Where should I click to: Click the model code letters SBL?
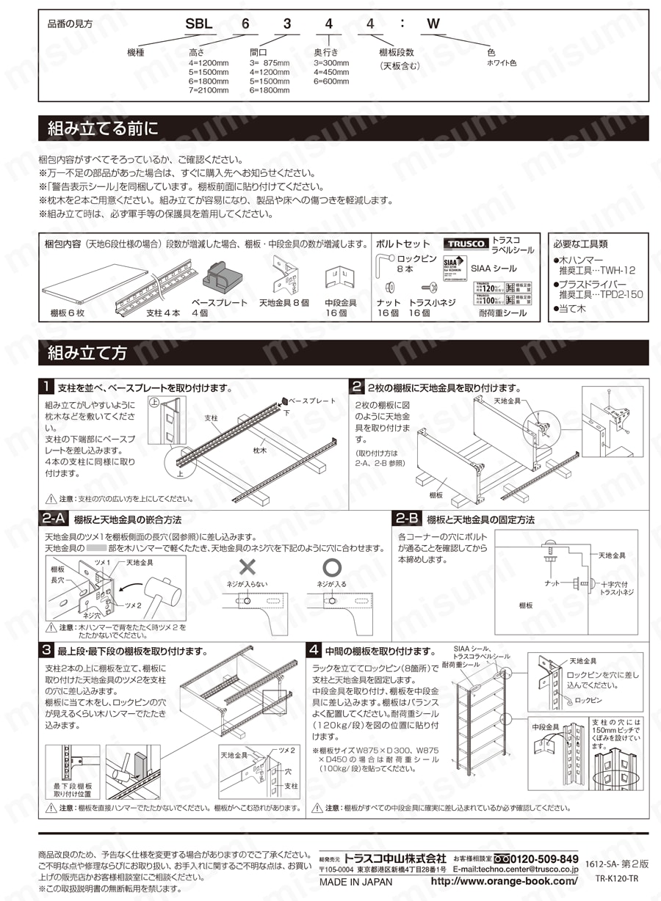click(x=198, y=23)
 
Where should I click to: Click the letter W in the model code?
click(x=433, y=23)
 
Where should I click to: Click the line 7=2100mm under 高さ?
click(x=209, y=91)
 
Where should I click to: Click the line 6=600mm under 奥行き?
click(x=330, y=81)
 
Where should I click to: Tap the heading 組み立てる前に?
click(x=103, y=129)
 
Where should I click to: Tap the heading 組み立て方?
click(x=87, y=353)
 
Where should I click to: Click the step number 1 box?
click(x=47, y=387)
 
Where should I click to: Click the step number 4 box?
click(x=314, y=650)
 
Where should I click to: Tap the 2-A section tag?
click(x=55, y=519)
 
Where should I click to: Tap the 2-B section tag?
click(x=408, y=519)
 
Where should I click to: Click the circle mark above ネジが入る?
click(x=332, y=567)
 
